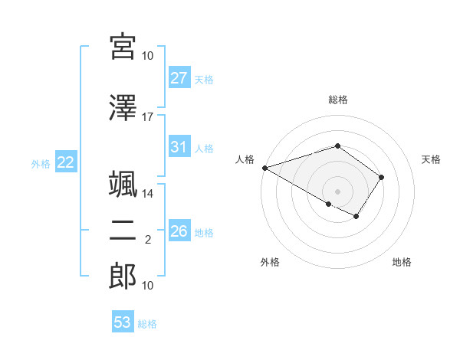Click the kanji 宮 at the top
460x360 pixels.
(x=123, y=48)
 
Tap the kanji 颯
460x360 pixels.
(x=123, y=186)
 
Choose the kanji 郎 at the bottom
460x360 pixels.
(x=123, y=276)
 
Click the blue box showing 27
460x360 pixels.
(x=179, y=78)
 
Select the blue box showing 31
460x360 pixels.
(x=179, y=147)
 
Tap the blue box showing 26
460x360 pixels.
(x=179, y=231)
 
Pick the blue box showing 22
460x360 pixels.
(x=65, y=162)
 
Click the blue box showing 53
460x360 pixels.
(x=123, y=322)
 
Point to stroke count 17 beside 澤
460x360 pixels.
(x=148, y=117)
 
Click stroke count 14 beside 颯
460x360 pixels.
(x=148, y=194)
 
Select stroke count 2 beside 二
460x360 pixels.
(x=148, y=240)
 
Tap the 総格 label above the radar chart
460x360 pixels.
(x=338, y=100)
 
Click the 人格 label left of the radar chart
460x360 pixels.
(x=245, y=159)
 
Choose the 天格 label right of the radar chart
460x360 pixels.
(x=432, y=159)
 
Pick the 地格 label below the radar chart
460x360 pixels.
(x=402, y=262)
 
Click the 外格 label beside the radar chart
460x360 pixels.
(x=270, y=262)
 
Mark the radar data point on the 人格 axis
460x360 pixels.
(x=264, y=168)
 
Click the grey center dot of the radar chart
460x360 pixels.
(x=337, y=191)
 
